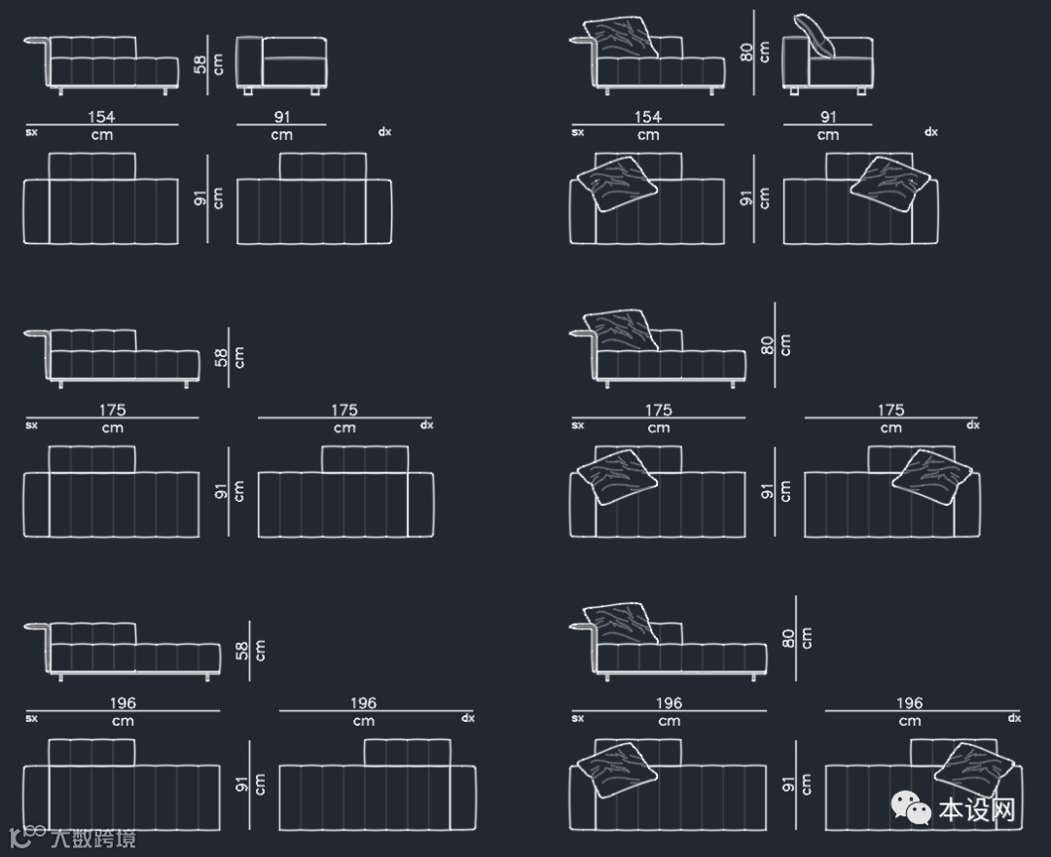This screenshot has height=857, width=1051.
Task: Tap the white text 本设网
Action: [977, 809]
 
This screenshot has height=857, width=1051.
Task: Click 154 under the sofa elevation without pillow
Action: [101, 117]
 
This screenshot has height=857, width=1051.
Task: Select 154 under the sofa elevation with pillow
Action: [647, 117]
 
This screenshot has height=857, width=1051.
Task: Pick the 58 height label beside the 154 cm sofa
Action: [200, 64]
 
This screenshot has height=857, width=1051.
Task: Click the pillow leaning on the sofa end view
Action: [816, 36]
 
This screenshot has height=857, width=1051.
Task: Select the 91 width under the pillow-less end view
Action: [281, 117]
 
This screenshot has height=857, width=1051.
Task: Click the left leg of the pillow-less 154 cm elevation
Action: [61, 91]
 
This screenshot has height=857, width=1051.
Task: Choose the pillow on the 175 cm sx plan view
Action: [617, 476]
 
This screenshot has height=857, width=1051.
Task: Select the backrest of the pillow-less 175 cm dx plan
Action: [364, 458]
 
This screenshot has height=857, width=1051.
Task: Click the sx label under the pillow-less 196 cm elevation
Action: [32, 719]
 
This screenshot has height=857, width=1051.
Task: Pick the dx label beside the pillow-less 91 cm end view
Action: [385, 132]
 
